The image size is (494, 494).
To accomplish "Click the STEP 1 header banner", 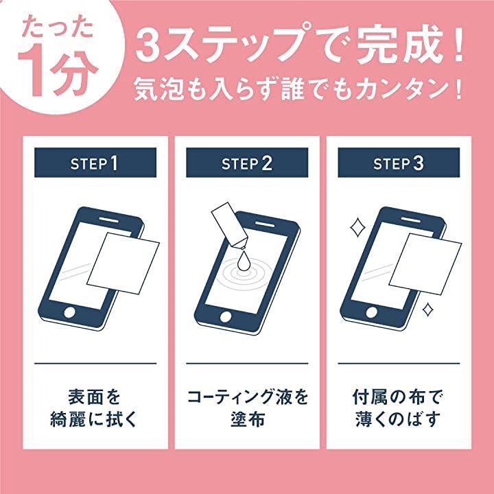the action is point(95,163).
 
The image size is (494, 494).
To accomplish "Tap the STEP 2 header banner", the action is point(247,163).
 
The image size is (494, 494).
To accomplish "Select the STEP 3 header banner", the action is point(399,163).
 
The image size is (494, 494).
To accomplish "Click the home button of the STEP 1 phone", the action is point(69,312).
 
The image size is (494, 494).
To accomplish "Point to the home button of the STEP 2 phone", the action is point(226,316).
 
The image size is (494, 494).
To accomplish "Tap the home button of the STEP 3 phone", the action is point(372,312).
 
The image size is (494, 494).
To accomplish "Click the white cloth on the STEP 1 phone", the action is point(123,263).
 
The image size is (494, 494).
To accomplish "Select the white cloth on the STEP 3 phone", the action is point(425,264).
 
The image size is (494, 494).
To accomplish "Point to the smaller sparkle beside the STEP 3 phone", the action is point(427,309).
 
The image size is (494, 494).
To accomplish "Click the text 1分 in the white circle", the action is point(58,75).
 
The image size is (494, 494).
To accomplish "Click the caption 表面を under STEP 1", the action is point(95,397).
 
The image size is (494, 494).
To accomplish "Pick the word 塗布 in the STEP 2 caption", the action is point(247,420).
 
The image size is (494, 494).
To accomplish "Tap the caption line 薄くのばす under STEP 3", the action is point(398,420).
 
